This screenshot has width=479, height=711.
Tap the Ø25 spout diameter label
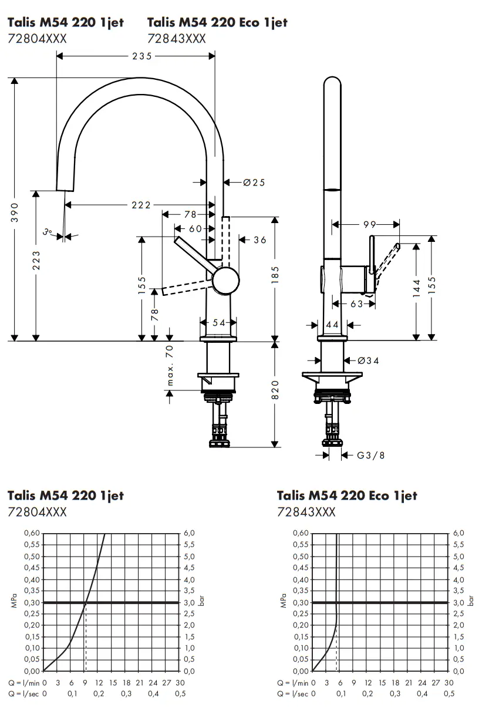click(x=254, y=183)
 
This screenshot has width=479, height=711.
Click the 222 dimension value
click(x=140, y=205)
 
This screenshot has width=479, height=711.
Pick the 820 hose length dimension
click(x=275, y=390)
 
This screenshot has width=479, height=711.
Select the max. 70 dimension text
click(x=170, y=365)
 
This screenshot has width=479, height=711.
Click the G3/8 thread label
click(x=371, y=455)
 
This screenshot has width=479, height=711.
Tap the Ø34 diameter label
click(x=368, y=360)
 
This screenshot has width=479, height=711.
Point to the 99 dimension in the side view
click(x=369, y=224)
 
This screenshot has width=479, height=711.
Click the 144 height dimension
click(x=416, y=289)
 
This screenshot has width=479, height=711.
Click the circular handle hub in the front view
click(x=225, y=281)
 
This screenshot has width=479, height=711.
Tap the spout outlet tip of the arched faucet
click(x=65, y=188)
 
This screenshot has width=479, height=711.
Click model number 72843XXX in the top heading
click(x=176, y=39)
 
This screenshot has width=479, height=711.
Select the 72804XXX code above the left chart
click(x=37, y=512)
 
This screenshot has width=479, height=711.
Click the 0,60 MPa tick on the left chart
click(x=32, y=533)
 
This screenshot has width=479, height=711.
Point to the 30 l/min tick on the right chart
click(x=449, y=683)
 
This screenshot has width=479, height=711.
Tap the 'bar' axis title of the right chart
click(x=470, y=602)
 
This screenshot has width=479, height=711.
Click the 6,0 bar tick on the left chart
click(x=189, y=533)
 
